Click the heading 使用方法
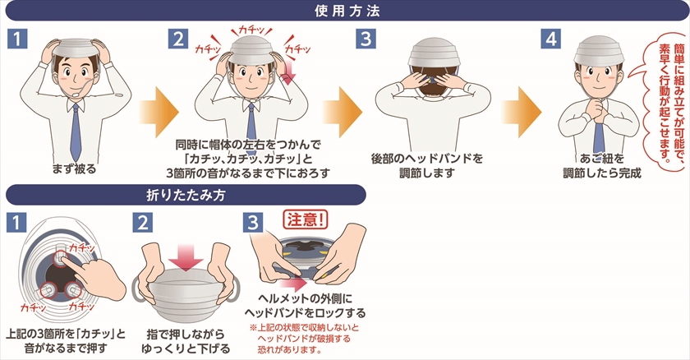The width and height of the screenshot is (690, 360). [x=347, y=11]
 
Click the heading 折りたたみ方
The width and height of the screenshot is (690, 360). [x=186, y=195]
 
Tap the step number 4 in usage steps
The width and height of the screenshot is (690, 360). [x=551, y=39]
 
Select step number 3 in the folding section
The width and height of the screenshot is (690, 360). [x=253, y=223]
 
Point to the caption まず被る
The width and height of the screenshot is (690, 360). [x=74, y=169]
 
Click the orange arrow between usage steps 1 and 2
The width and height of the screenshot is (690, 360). [x=159, y=113]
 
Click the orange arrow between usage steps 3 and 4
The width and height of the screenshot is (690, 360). [x=522, y=113]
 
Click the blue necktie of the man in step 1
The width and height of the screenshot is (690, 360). [x=76, y=132]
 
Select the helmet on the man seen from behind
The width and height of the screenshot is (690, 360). [x=434, y=53]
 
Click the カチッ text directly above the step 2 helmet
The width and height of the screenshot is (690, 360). [x=251, y=30]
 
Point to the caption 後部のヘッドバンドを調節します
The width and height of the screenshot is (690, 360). [x=427, y=166]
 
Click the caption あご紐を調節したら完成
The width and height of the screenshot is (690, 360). [x=602, y=166]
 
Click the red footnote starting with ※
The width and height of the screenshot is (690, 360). [x=304, y=339]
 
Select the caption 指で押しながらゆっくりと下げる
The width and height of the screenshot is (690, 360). [x=186, y=342]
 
